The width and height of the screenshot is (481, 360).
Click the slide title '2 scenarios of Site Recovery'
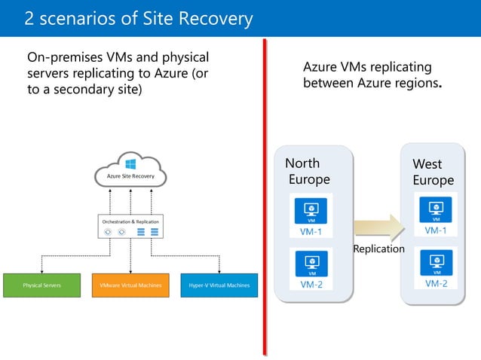[x=139, y=18]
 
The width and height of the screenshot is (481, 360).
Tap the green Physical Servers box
[x=41, y=285]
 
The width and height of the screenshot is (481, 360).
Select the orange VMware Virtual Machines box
[x=130, y=285]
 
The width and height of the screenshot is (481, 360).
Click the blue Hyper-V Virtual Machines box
[x=219, y=285]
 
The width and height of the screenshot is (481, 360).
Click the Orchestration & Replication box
[x=130, y=227]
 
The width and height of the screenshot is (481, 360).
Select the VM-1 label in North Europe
[x=311, y=231]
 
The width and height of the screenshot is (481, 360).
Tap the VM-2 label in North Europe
[x=311, y=285]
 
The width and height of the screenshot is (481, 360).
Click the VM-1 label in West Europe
[x=436, y=230]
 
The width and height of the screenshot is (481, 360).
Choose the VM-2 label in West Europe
[x=436, y=283]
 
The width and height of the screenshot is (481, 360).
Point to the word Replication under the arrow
[x=378, y=249]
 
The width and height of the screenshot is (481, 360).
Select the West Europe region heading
[x=433, y=172]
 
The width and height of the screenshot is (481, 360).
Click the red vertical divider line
[x=265, y=196]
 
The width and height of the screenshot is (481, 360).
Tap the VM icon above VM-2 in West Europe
[x=436, y=261]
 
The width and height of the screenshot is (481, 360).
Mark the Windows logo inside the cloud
[x=130, y=163]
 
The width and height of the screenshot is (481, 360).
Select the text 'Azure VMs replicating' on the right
[x=366, y=67]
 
